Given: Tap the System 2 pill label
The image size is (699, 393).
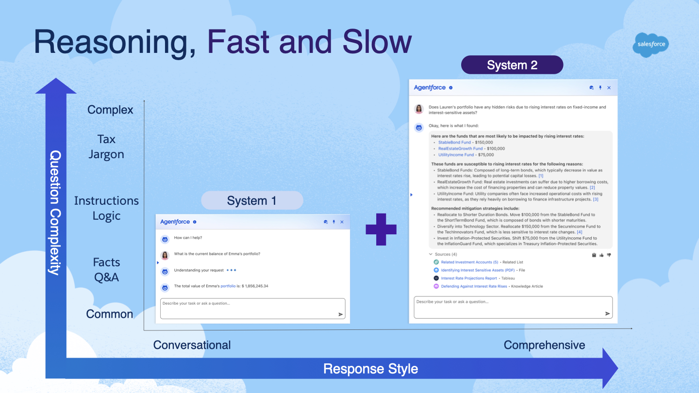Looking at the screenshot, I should (x=512, y=65).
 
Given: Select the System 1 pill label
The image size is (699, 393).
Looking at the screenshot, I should (x=251, y=200).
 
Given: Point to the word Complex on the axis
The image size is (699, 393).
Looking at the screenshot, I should (x=110, y=110).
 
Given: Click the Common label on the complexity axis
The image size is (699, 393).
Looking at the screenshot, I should (x=109, y=314).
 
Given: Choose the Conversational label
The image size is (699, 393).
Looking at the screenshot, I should (x=192, y=345).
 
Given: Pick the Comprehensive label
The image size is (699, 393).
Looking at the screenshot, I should (x=544, y=345).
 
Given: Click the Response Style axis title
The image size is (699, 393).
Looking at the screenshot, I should (x=370, y=369).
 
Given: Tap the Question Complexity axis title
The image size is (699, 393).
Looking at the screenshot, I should (x=55, y=213).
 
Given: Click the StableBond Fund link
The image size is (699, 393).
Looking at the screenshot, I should (x=454, y=143).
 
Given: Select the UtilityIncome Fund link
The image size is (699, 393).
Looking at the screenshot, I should (x=456, y=155).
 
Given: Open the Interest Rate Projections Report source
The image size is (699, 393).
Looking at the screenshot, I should (x=469, y=278).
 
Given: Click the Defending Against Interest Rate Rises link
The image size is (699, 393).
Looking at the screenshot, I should (x=474, y=286).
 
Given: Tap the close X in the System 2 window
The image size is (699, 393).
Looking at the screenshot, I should (x=609, y=88).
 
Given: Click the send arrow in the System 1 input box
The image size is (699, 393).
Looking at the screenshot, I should (x=340, y=314).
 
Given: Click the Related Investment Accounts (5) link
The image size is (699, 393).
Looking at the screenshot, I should (x=469, y=262).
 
